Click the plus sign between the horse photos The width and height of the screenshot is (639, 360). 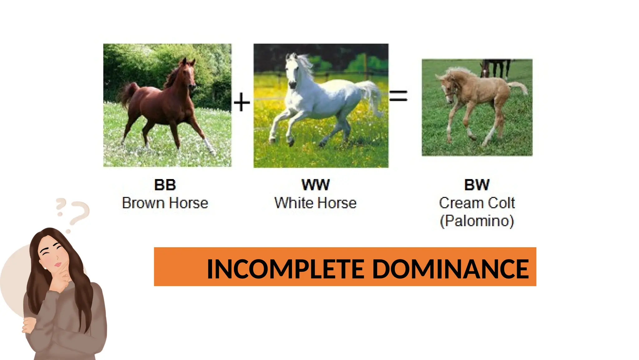242,102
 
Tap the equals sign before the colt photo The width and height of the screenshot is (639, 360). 398,96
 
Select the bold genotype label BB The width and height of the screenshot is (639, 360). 165,185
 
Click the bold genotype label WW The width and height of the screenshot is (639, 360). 315,185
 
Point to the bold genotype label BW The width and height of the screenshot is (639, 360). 477,185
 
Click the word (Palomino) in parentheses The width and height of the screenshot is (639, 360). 477,221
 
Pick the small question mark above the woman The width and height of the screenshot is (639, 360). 60,207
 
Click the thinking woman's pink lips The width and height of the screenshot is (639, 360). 58,265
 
